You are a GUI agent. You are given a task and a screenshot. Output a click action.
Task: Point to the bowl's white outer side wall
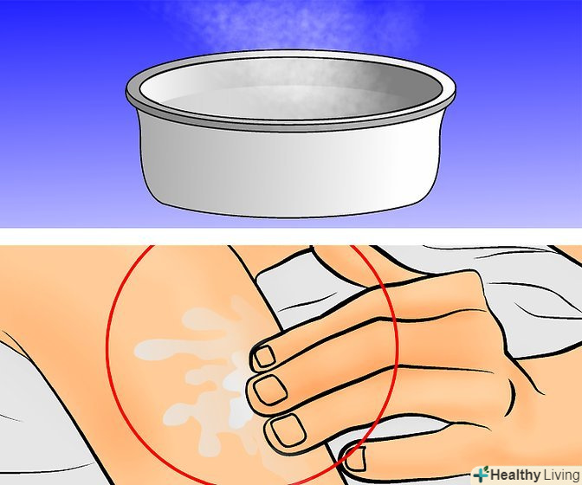click(x=289, y=171)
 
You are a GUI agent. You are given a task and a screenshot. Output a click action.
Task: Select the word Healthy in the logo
click(x=515, y=475)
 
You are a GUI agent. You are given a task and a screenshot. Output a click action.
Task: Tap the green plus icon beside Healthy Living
click(x=482, y=475)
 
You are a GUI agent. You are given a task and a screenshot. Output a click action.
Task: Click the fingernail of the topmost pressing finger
click(x=264, y=356)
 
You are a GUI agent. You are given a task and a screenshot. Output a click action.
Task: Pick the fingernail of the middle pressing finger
click(x=270, y=390)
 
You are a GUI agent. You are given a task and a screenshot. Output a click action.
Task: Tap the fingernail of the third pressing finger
click(x=288, y=430)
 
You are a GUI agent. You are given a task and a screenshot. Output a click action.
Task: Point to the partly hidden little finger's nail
click(x=356, y=459)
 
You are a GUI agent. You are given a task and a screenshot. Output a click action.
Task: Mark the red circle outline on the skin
click(x=107, y=352)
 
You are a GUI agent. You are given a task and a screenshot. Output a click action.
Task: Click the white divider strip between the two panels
click(x=291, y=236)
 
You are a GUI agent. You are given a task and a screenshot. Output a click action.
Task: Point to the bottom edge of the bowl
click(x=289, y=215)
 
